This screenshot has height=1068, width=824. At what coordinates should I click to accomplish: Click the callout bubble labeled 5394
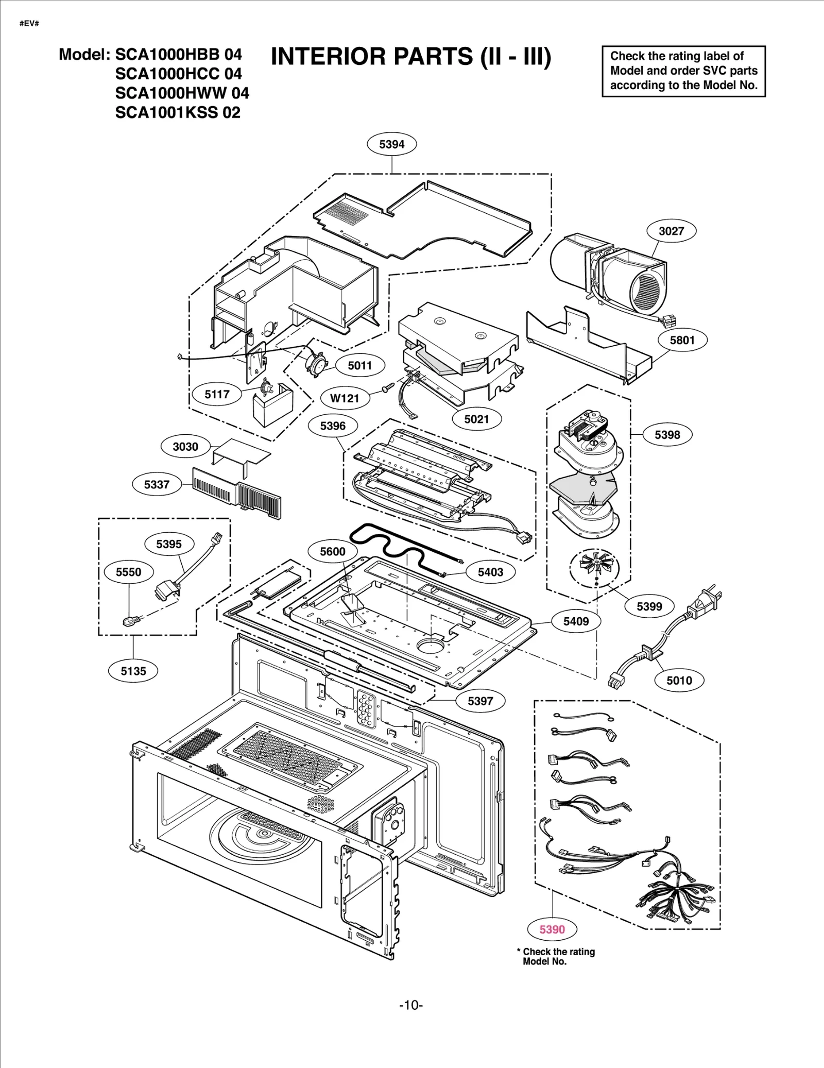[x=391, y=144]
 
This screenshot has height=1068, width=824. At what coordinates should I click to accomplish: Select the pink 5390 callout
[x=552, y=929]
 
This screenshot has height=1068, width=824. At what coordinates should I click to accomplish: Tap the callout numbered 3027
[x=671, y=231]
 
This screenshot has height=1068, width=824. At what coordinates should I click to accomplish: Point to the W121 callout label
[x=344, y=398]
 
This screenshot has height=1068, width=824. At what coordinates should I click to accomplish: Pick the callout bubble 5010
[x=679, y=681]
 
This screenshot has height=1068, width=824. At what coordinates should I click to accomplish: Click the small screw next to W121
[x=388, y=387]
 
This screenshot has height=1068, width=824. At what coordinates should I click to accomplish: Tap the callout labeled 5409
[x=576, y=621]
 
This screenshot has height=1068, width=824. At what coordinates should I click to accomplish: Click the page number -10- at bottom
[x=411, y=1005]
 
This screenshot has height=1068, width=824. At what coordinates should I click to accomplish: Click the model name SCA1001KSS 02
[x=178, y=112]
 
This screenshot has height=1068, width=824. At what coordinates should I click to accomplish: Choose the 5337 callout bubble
[x=157, y=484]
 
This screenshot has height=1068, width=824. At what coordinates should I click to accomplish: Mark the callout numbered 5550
[x=128, y=572]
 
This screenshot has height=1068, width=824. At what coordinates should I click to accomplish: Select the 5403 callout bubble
[x=490, y=572]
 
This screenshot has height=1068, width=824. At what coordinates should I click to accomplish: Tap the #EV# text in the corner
[x=29, y=24]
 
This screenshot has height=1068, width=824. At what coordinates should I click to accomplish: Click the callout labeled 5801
[x=682, y=340]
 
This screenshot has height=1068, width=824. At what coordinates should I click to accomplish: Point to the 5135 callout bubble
[x=133, y=671]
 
